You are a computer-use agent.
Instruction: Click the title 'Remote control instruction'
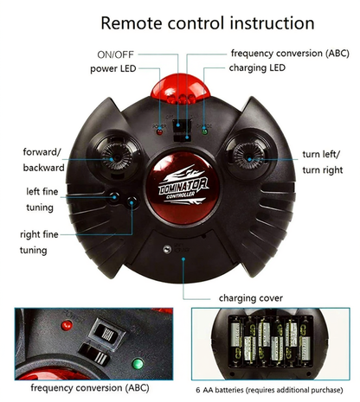(x=208, y=23)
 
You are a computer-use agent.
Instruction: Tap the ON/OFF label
(x=115, y=54)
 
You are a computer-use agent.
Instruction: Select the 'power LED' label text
(x=113, y=69)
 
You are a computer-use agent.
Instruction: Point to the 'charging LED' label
(x=257, y=68)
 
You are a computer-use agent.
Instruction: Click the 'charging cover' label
(x=251, y=298)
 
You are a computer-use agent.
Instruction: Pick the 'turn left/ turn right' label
(x=323, y=163)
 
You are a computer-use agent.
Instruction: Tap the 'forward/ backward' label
(x=43, y=160)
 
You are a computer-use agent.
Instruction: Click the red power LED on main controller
(x=159, y=132)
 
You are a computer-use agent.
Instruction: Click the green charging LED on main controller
(x=204, y=131)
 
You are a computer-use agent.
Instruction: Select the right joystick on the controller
(x=248, y=157)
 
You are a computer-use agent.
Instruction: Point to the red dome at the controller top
(x=181, y=88)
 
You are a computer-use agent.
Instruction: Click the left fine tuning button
(x=114, y=196)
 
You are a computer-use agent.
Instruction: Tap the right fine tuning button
(x=132, y=202)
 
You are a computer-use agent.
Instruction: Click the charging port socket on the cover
(x=167, y=249)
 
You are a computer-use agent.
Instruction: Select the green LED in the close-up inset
(x=138, y=364)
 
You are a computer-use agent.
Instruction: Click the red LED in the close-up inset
(x=67, y=326)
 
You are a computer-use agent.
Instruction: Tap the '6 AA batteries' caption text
(x=269, y=390)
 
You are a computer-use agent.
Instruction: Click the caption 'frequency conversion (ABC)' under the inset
(x=90, y=388)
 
